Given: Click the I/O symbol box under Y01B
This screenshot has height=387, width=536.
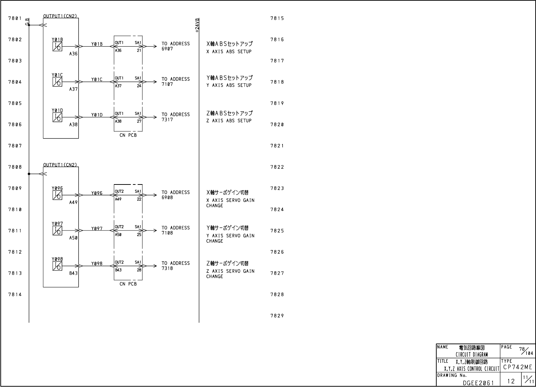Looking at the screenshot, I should [57, 47].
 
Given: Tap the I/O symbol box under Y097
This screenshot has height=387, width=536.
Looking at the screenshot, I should [57, 231].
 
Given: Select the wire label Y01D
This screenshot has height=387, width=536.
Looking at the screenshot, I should [97, 115].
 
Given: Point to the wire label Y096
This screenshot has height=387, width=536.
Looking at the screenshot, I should [97, 193].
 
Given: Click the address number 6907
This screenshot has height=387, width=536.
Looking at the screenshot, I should [167, 49].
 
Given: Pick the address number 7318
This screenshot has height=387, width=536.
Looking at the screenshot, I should [167, 268].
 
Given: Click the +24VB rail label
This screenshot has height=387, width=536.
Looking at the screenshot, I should [197, 25].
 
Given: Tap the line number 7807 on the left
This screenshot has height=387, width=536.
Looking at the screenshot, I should [15, 146].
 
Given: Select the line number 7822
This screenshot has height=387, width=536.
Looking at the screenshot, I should [277, 167].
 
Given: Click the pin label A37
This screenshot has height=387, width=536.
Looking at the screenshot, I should [73, 89].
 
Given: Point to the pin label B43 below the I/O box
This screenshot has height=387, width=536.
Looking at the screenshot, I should [73, 273].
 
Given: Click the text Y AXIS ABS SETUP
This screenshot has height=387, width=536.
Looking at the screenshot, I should [229, 85].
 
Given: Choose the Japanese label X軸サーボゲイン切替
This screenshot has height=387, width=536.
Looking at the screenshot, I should [227, 193].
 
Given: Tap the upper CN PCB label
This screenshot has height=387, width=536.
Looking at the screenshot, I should [128, 135].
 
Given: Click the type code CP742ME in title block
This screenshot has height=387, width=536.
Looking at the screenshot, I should [518, 367].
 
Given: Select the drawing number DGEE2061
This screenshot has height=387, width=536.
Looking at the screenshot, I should [478, 382].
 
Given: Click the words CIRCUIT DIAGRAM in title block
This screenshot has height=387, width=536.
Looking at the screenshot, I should [472, 354].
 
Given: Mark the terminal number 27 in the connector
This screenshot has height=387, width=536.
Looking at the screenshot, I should [139, 121].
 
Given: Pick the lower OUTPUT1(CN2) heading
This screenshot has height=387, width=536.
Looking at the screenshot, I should [60, 165].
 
